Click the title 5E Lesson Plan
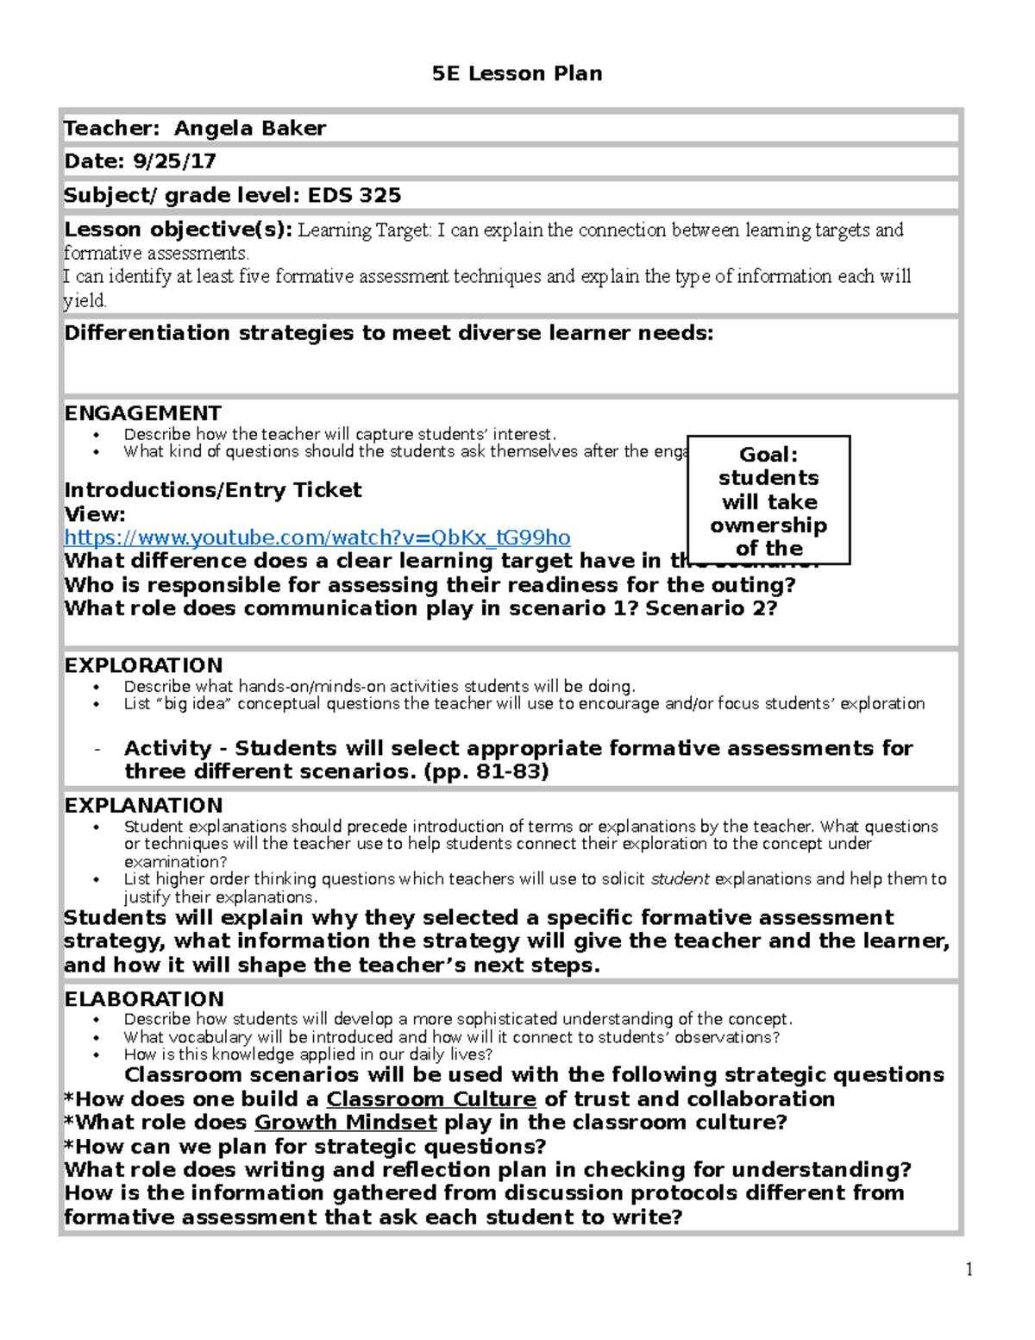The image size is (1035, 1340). pyautogui.click(x=517, y=74)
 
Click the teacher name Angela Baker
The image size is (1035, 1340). pyautogui.click(x=250, y=129)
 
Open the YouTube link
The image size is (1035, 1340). pyautogui.click(x=317, y=538)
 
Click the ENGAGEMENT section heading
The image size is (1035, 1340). pyautogui.click(x=142, y=413)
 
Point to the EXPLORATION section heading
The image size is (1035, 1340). pyautogui.click(x=143, y=665)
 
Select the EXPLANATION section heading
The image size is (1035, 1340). pyautogui.click(x=143, y=805)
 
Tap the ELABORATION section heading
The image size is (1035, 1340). pyautogui.click(x=144, y=999)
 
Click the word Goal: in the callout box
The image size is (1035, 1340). pyautogui.click(x=768, y=455)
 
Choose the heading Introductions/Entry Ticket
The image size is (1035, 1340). pyautogui.click(x=213, y=490)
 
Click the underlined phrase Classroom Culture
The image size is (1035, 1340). pyautogui.click(x=431, y=1099)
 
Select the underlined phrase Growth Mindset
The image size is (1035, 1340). pyautogui.click(x=346, y=1123)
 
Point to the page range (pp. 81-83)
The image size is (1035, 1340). pyautogui.click(x=486, y=771)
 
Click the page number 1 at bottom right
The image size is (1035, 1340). pyautogui.click(x=969, y=1268)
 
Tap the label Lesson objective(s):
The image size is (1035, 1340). pyautogui.click(x=179, y=230)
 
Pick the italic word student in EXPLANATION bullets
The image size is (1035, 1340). pyautogui.click(x=680, y=879)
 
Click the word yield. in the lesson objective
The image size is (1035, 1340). pyautogui.click(x=85, y=300)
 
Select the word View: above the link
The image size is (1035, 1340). pyautogui.click(x=95, y=514)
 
